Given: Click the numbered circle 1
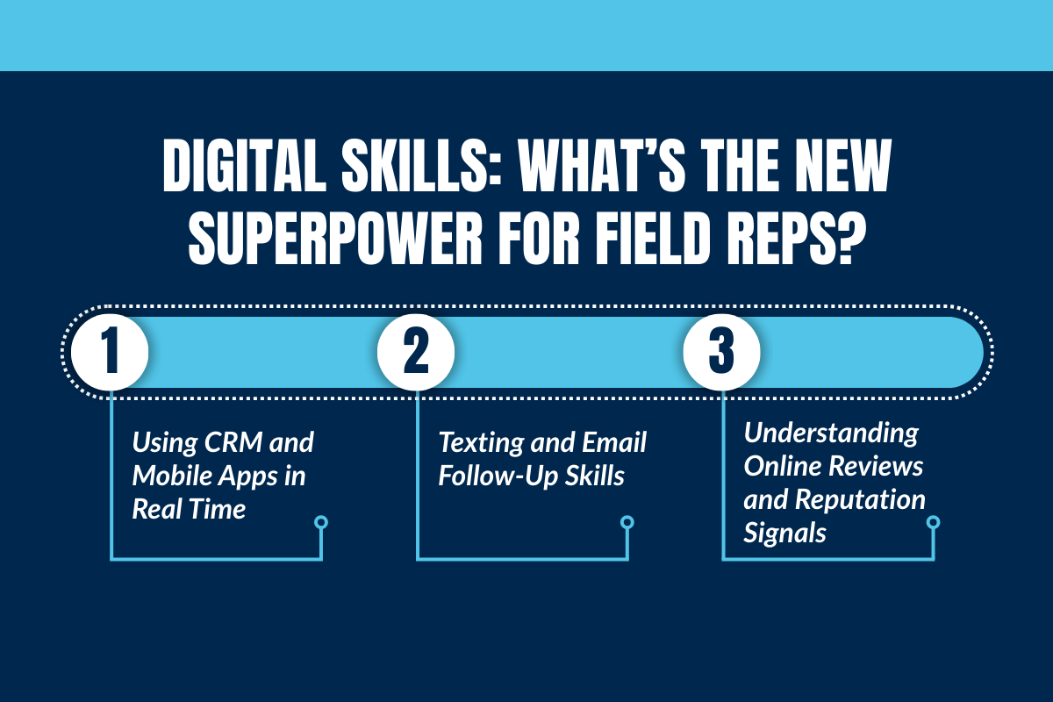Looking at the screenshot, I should click(x=110, y=351).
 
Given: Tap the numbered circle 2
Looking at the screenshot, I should click(x=416, y=351).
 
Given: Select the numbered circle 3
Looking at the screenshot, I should click(x=721, y=351).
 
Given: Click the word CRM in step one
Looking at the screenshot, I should click(x=231, y=443).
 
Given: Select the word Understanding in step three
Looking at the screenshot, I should click(x=831, y=433).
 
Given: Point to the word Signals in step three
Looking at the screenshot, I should click(x=785, y=533).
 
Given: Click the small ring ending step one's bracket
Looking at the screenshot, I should click(x=321, y=523).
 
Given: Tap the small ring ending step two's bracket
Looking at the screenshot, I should click(x=627, y=523).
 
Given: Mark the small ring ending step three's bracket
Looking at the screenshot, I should click(x=933, y=523).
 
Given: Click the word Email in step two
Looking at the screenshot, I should click(x=613, y=443).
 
